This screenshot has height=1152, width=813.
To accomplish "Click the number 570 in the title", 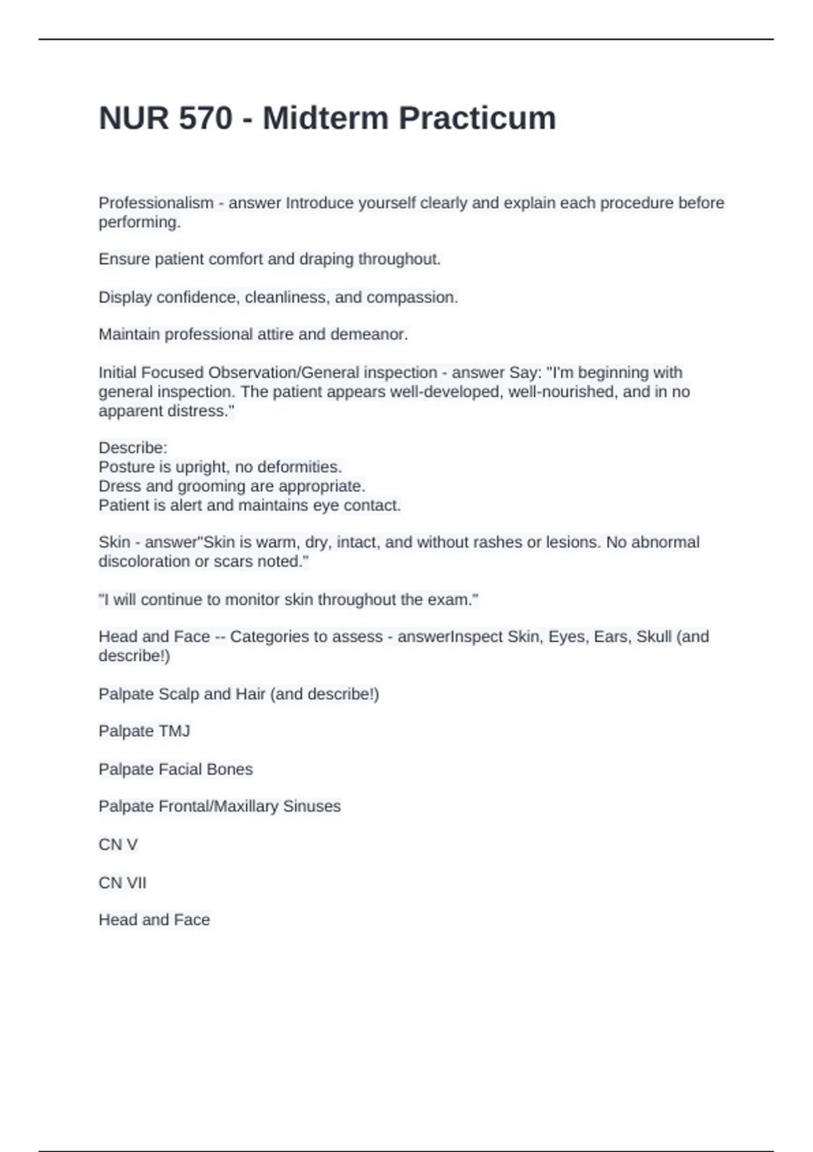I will pos(206,118).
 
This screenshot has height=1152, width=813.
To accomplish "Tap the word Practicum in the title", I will pos(477,118).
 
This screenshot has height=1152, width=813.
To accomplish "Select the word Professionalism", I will pos(156,203).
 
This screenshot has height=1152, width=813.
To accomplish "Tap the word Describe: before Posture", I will pos(133,448).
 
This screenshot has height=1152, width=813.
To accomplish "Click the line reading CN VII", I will pos(123,882).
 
